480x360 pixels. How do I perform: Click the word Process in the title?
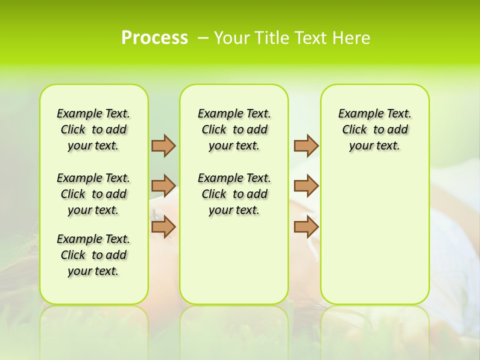(x=154, y=38)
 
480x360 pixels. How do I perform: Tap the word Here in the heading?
(x=351, y=38)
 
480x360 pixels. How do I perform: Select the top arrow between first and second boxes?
(x=163, y=145)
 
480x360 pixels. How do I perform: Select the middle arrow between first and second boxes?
(x=163, y=186)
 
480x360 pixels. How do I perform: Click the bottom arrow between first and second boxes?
(x=163, y=226)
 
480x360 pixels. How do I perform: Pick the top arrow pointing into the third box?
(x=306, y=145)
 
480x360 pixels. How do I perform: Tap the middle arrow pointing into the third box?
(x=306, y=186)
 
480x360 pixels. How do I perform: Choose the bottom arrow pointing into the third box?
(x=306, y=226)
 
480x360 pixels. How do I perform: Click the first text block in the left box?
(x=93, y=129)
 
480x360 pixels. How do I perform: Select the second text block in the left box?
(x=93, y=194)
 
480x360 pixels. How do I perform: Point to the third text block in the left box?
(x=93, y=255)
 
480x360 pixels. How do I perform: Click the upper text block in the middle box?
(x=234, y=129)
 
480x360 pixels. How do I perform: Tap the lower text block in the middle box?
(x=234, y=194)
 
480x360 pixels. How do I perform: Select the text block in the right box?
(x=375, y=129)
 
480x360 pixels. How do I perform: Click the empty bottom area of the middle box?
(x=234, y=265)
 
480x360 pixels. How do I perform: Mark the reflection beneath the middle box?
(x=234, y=325)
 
